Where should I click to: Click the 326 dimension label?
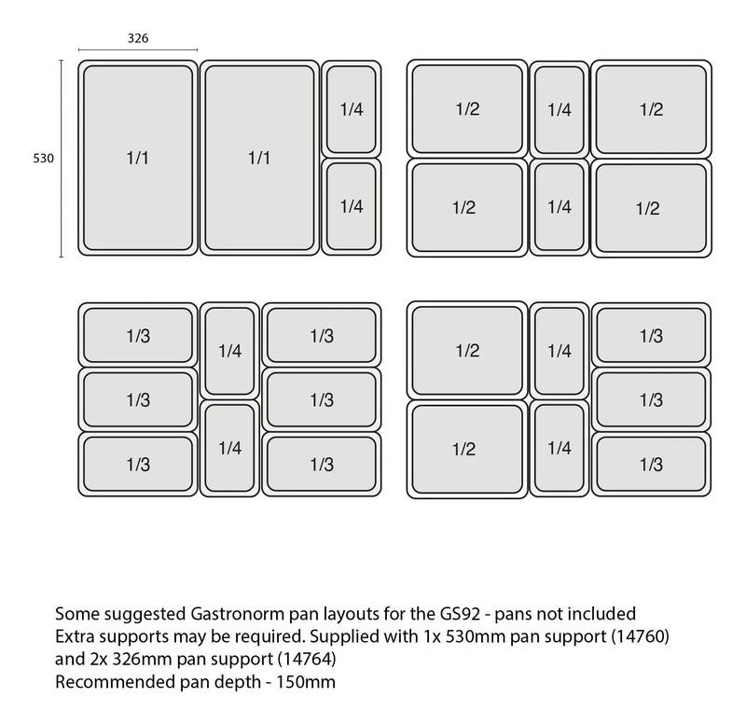tap(138, 38)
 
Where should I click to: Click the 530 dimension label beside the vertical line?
tap(43, 158)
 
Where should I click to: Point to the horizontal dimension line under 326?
tap(138, 49)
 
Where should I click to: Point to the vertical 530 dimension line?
tap(61, 159)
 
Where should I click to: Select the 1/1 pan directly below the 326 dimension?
tap(138, 158)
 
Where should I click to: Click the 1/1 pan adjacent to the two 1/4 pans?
tap(260, 158)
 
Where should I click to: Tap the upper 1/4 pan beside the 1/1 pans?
tap(352, 109)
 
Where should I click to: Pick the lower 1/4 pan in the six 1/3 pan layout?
tap(229, 448)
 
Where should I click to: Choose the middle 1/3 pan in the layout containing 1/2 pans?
tap(651, 400)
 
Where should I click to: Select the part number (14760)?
tap(640, 636)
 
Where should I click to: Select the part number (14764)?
tap(307, 659)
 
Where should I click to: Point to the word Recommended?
tap(115, 682)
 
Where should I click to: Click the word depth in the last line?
tap(238, 683)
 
